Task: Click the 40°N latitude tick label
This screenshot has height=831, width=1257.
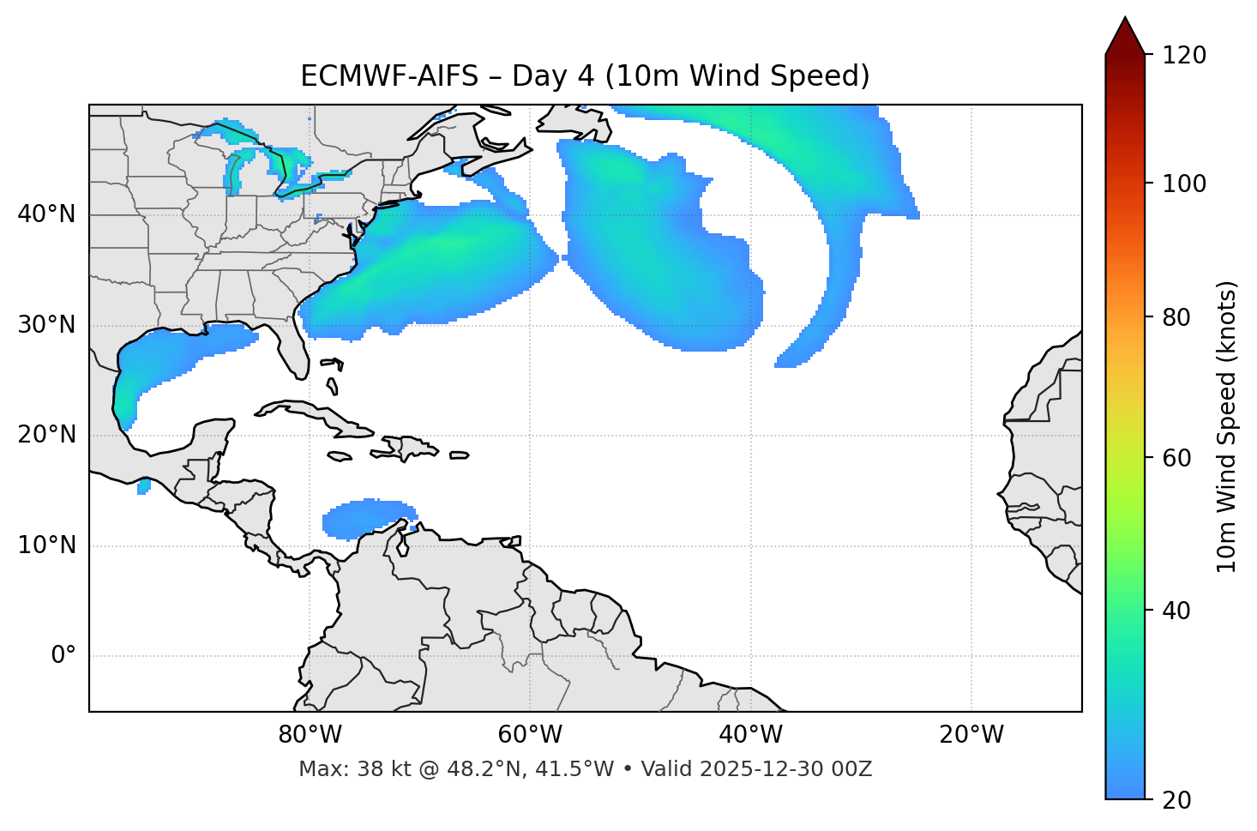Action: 46,214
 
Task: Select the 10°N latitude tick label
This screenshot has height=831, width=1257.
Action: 46,545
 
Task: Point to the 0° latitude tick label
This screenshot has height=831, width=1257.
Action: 63,656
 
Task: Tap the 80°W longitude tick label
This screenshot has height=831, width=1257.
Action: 310,735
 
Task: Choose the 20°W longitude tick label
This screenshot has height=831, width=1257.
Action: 971,735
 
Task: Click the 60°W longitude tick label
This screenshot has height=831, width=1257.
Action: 530,735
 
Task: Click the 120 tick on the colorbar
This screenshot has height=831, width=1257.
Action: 1184,55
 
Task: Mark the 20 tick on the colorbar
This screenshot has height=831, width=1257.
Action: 1176,800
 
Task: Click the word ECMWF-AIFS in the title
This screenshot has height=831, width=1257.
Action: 389,76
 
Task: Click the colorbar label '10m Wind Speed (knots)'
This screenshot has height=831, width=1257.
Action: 1227,427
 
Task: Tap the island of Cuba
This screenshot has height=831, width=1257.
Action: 317,416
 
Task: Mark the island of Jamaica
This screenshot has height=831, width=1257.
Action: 340,457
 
